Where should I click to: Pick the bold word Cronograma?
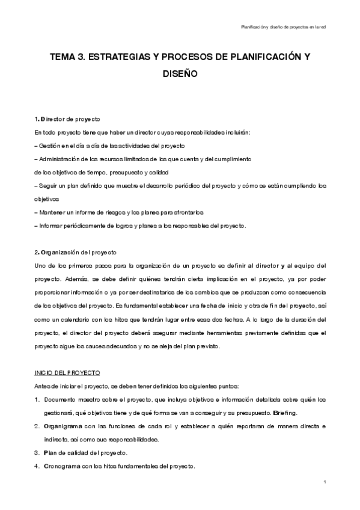tap(61, 465)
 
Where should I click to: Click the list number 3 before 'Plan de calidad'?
tap(37, 452)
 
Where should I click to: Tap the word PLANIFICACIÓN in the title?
tap(261, 56)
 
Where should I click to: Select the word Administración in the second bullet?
tap(61, 159)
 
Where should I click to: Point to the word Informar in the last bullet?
tap(51, 226)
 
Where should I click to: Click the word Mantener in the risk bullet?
tap(52, 212)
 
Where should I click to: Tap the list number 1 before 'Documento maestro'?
tap(37, 399)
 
